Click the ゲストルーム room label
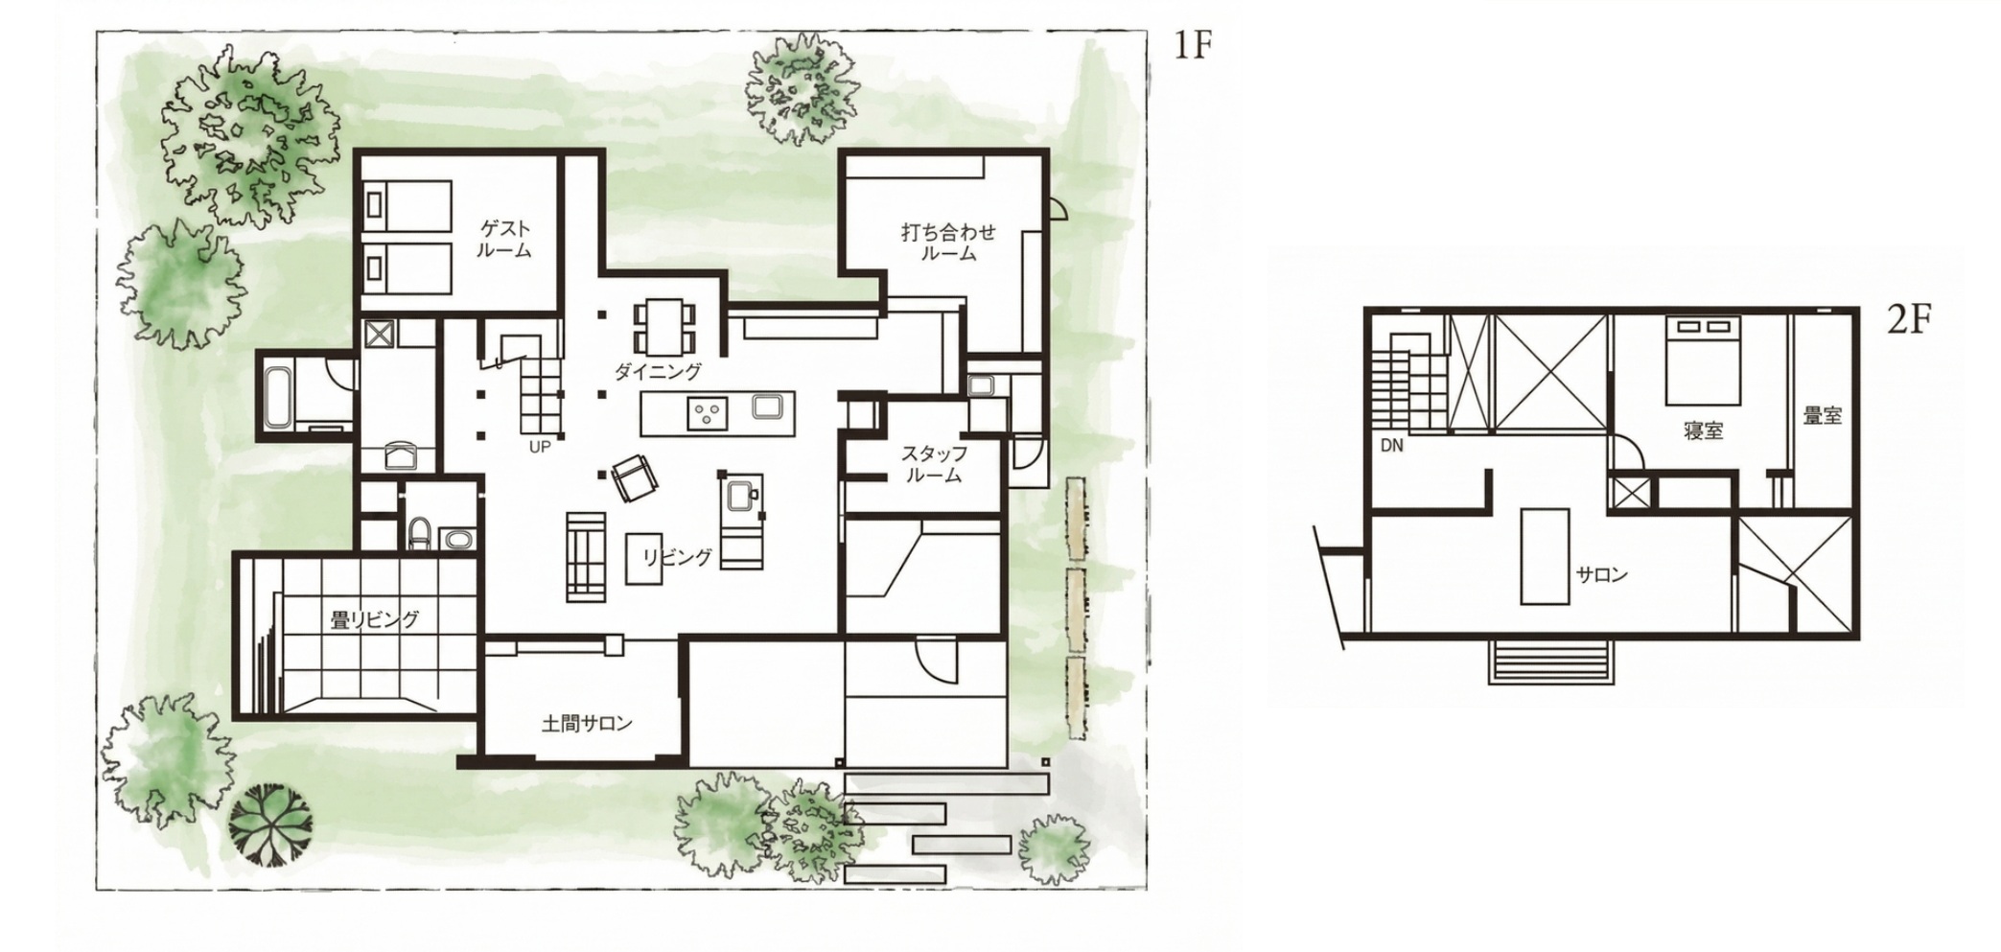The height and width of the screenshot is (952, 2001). tap(504, 239)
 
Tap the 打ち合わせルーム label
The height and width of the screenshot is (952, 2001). tap(948, 242)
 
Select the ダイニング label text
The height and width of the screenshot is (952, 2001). tap(658, 372)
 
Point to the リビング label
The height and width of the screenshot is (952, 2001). tap(678, 556)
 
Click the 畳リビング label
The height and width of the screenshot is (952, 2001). tap(375, 619)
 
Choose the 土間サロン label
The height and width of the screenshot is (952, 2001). tap(587, 723)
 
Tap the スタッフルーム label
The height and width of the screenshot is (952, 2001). tap(934, 463)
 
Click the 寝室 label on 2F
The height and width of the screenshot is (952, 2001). tap(1704, 430)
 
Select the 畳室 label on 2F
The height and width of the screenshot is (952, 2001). tap(1823, 416)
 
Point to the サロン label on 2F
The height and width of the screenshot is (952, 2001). tap(1602, 574)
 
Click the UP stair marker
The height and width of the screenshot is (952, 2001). tap(540, 446)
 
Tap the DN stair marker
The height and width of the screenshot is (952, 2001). tap(1392, 446)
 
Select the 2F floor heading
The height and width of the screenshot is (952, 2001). tap(1908, 319)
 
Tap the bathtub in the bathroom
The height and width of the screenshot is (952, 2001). tap(276, 397)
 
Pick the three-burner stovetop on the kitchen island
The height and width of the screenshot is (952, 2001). tap(708, 413)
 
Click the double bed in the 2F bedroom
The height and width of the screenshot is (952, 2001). tap(1703, 360)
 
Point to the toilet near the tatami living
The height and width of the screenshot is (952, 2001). tap(418, 534)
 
